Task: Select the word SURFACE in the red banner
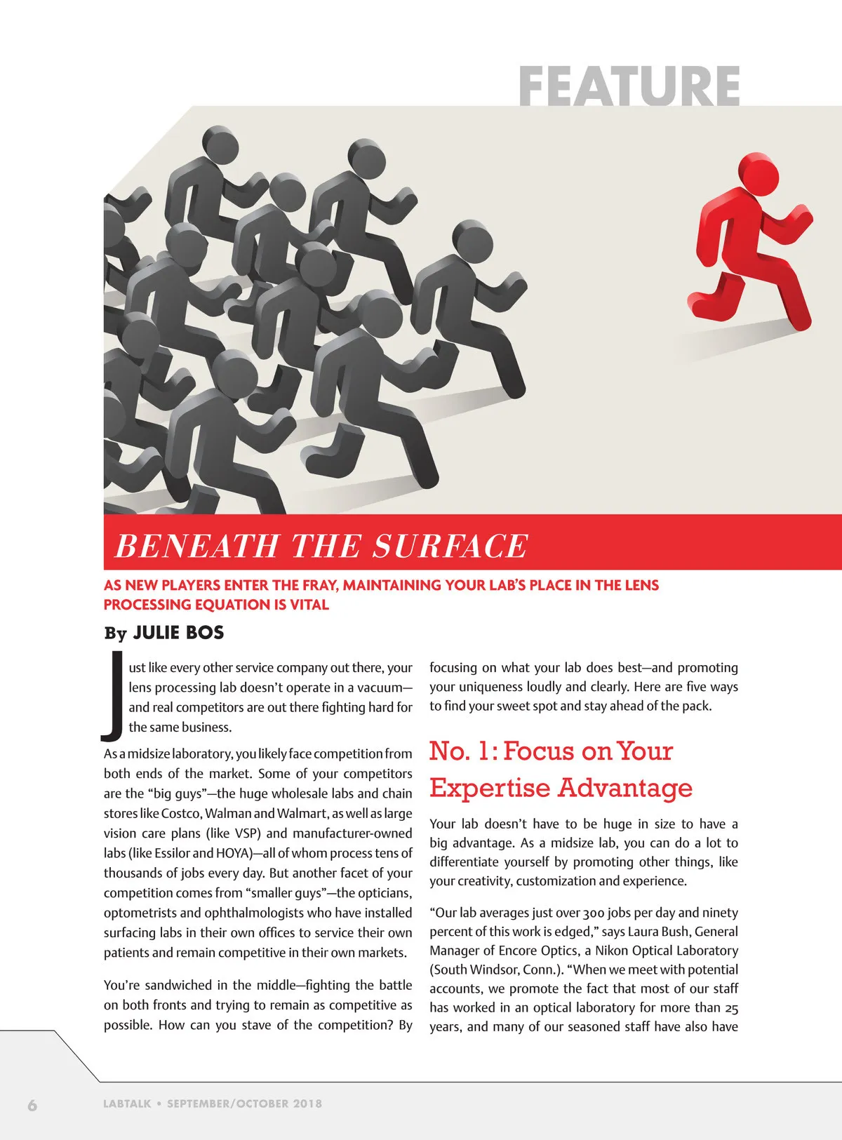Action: point(450,546)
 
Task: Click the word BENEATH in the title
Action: point(196,546)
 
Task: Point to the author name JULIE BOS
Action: point(178,633)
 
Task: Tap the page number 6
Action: point(32,1105)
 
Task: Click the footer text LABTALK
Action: point(127,1104)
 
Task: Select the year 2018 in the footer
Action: point(307,1104)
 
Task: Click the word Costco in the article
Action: point(181,813)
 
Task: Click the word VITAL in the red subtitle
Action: point(309,605)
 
